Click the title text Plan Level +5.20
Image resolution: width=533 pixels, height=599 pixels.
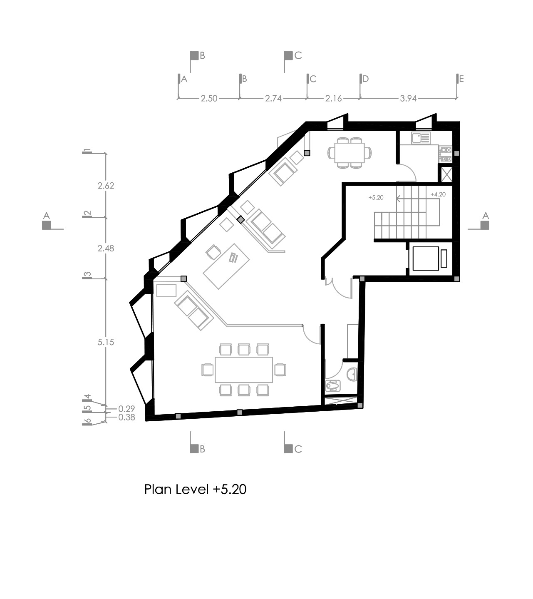click(195, 489)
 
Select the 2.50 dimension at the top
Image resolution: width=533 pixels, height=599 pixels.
click(209, 99)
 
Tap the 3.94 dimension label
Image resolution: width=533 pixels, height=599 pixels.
click(408, 99)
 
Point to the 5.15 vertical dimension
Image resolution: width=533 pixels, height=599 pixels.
click(106, 342)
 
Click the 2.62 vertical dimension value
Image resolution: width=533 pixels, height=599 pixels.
click(106, 186)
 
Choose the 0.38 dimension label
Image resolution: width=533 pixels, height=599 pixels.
click(126, 417)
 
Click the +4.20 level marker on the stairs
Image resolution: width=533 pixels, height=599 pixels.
click(438, 194)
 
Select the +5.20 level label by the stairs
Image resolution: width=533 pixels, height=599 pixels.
click(376, 197)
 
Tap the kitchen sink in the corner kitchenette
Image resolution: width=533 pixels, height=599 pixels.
click(421, 138)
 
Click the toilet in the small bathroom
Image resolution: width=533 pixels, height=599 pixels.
click(333, 385)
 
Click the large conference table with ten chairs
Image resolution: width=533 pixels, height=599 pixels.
click(244, 370)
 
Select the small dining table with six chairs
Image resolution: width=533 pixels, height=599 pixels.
click(350, 153)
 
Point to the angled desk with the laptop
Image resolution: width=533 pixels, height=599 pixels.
click(226, 266)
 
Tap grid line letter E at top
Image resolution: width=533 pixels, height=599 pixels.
click(461, 79)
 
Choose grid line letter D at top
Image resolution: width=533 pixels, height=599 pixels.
click(365, 79)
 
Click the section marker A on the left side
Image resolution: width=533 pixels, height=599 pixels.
click(47, 221)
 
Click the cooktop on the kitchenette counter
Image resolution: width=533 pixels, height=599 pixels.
click(445, 154)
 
